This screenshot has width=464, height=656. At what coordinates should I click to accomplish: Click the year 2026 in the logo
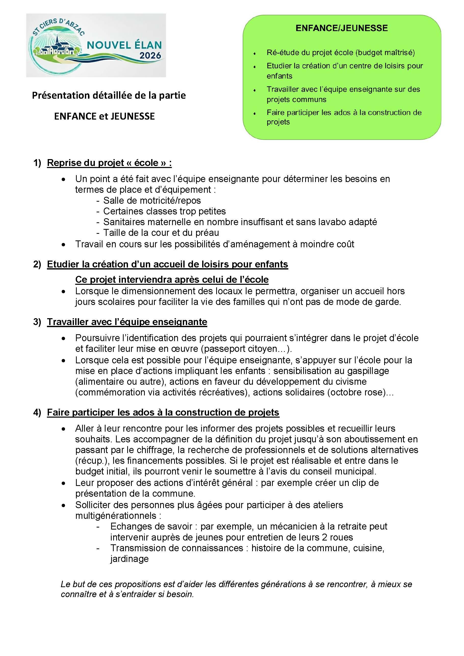(150, 55)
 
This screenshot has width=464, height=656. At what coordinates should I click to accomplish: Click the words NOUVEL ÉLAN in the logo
(124, 45)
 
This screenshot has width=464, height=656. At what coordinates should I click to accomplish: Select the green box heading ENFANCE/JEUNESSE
(341, 28)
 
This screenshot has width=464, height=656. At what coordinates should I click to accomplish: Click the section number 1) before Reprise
(37, 163)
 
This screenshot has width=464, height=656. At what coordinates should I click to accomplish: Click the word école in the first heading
(146, 163)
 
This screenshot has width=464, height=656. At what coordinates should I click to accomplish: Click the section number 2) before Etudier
(37, 264)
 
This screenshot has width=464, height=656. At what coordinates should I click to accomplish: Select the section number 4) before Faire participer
(37, 412)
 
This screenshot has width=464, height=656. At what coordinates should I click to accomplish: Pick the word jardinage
(129, 559)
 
